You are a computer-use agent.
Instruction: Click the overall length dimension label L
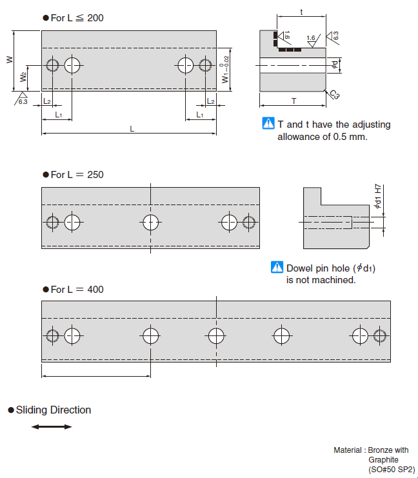click(x=132, y=129)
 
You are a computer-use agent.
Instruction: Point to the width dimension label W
click(x=9, y=59)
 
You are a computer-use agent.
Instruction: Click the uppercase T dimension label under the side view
click(x=294, y=101)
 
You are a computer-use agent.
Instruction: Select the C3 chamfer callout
click(x=334, y=95)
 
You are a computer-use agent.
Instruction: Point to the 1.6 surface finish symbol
click(x=311, y=39)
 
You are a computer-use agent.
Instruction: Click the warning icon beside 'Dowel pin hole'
click(x=277, y=268)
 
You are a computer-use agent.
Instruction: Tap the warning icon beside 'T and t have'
click(x=268, y=124)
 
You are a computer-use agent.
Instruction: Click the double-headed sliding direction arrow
click(x=52, y=427)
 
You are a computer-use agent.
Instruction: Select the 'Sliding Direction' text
click(x=54, y=410)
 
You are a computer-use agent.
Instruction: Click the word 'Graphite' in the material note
click(x=384, y=460)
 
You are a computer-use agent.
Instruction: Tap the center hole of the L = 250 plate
click(x=150, y=223)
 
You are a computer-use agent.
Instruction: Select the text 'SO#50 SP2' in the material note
click(x=392, y=470)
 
